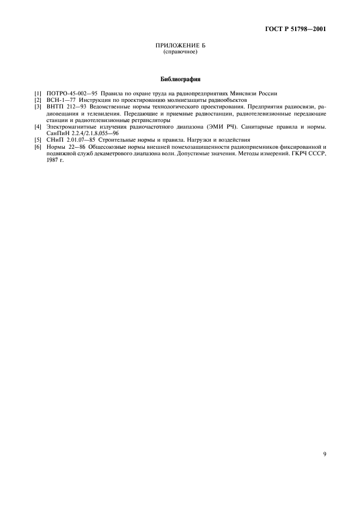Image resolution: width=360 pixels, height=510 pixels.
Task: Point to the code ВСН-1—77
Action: point(60,101)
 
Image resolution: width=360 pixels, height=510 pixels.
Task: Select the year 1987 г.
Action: point(55,160)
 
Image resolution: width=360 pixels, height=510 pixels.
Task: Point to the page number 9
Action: point(324,454)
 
